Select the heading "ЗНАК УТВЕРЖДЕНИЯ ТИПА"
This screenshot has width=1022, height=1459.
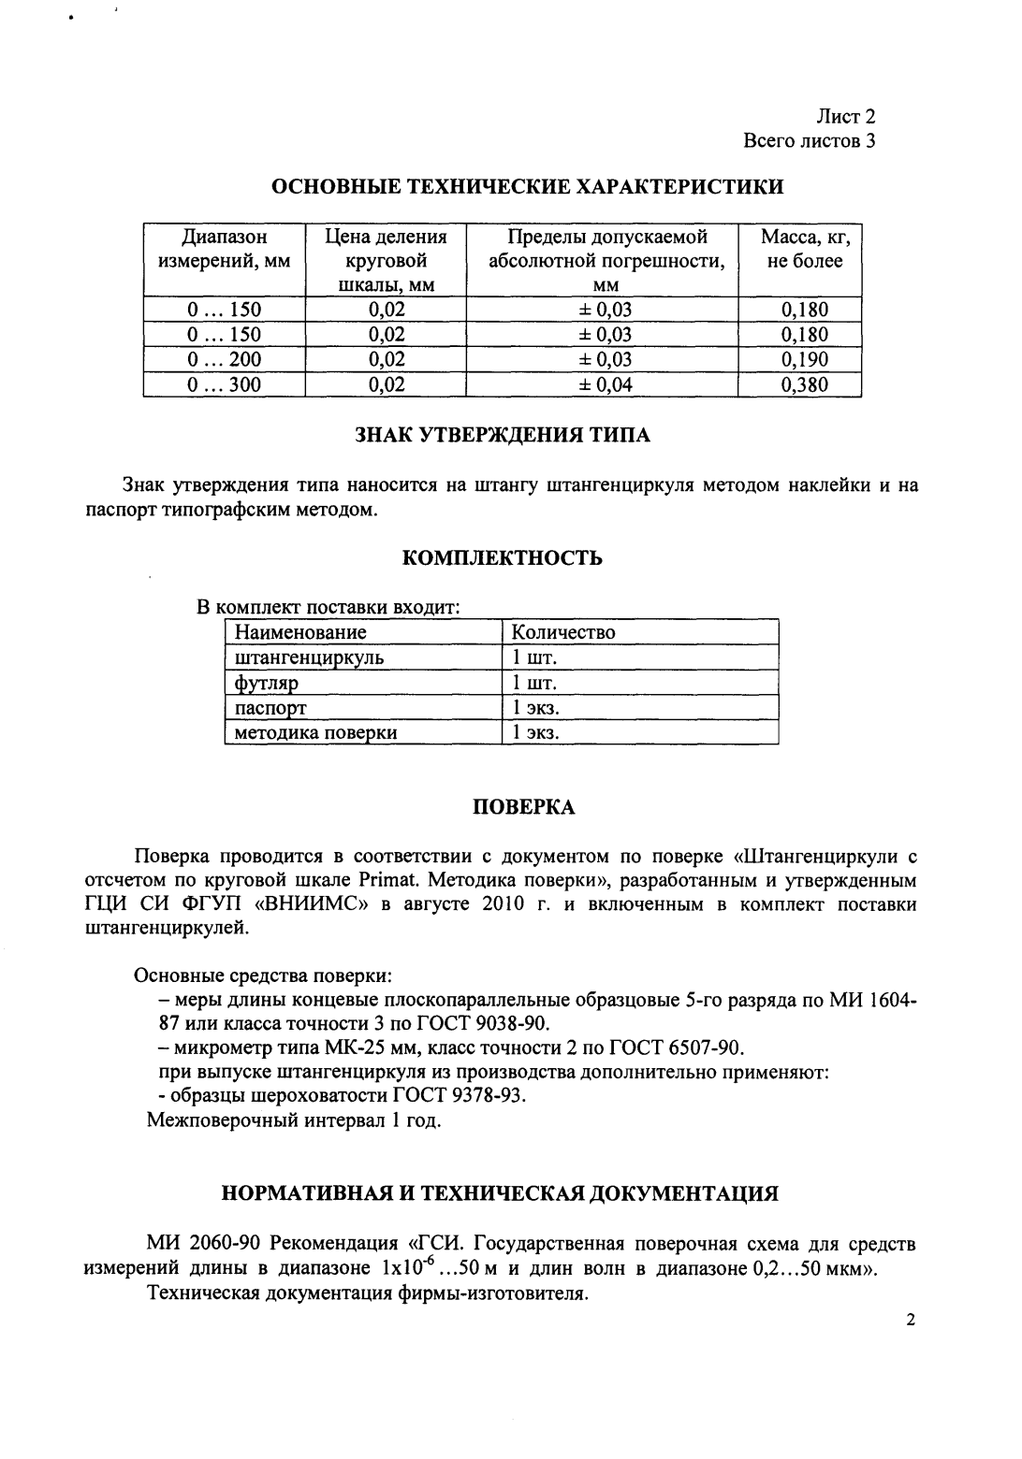click(x=503, y=435)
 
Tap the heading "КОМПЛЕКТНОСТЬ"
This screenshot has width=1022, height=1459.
click(x=502, y=558)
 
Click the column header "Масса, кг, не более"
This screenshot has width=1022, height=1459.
click(x=805, y=250)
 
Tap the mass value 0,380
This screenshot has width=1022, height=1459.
click(x=805, y=384)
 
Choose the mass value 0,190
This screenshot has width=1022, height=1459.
click(x=805, y=360)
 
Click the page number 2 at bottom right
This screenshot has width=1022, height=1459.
click(x=910, y=1321)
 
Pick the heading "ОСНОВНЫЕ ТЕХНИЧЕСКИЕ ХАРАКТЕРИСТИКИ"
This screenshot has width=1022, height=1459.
click(x=527, y=187)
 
